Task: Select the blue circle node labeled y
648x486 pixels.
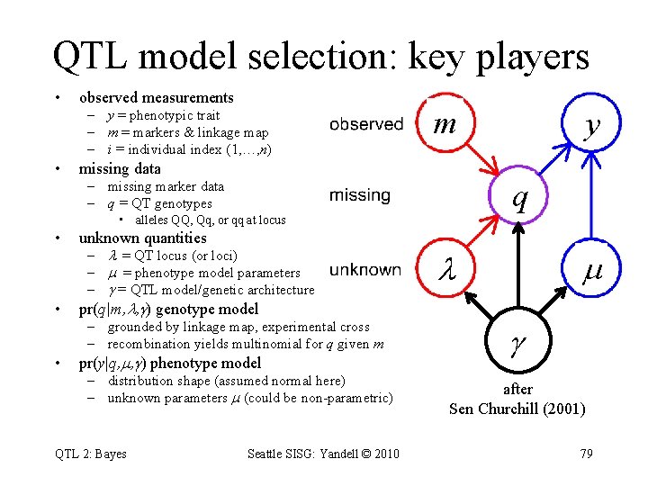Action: (590, 125)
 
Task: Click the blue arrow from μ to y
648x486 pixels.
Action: (590, 198)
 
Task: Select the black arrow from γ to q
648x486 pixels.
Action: (518, 270)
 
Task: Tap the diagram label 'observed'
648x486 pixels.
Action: (366, 124)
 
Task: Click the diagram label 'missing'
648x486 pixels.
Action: (360, 195)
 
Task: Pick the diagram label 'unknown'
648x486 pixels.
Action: (365, 269)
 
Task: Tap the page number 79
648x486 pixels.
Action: (586, 454)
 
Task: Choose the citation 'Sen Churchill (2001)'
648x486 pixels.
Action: (517, 409)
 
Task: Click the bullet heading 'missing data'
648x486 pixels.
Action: (120, 168)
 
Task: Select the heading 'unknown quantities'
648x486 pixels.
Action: (142, 238)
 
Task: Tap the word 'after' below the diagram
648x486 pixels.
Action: (517, 390)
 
